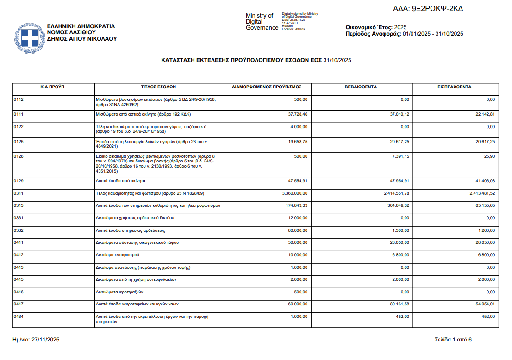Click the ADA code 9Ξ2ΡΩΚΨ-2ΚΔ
428,9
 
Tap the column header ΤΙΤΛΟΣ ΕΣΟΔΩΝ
158,87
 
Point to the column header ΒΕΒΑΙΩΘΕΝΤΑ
360,87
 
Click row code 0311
19,193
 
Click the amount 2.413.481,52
479,193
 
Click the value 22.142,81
483,114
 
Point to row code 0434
19,316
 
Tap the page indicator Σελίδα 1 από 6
453,340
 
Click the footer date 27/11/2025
45,340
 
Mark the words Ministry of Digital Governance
262,22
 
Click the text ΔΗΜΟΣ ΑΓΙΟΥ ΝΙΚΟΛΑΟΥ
79,39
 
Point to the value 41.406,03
483,181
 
